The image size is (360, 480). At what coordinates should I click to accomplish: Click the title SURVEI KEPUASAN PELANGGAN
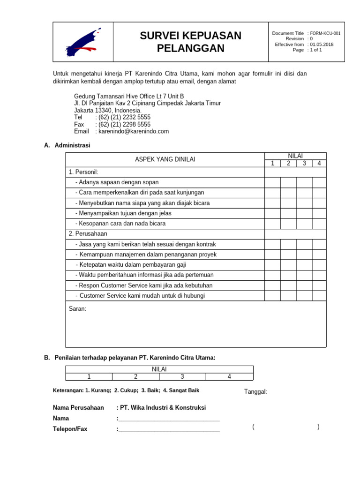point(191,42)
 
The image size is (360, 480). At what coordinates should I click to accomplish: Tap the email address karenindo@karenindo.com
point(133,131)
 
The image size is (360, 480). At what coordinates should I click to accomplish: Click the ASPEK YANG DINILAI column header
point(165,159)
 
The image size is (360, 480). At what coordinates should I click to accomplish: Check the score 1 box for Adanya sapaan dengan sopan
point(272,182)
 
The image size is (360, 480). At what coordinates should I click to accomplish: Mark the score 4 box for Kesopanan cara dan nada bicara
point(319,223)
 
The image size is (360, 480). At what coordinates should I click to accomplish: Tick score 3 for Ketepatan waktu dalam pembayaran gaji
point(304,264)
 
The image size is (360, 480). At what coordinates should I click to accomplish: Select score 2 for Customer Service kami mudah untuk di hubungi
point(288,295)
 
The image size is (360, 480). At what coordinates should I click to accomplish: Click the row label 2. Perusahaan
point(88,233)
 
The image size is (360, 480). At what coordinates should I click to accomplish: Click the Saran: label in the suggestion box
point(77,309)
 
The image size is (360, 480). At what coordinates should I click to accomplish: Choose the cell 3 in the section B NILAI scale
point(182,376)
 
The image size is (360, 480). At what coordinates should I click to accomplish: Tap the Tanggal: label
point(255,392)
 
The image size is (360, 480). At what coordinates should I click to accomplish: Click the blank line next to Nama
point(169,418)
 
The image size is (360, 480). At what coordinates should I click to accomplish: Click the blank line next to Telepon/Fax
point(169,428)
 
